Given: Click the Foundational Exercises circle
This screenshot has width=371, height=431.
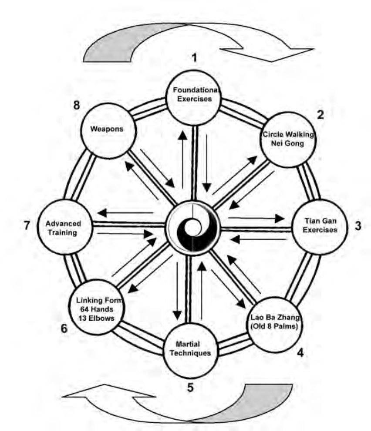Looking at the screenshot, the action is (194, 98).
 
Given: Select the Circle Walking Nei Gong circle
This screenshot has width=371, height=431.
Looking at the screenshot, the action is (288, 139).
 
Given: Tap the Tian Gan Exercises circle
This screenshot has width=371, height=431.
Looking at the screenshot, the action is (320, 227).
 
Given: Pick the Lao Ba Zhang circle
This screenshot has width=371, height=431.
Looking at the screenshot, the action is (275, 325).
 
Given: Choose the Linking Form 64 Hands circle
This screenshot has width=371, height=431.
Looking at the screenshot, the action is (96, 307).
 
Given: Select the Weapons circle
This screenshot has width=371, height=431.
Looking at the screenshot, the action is (108, 131).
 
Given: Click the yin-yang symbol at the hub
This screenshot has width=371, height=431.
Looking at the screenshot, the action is (193, 228).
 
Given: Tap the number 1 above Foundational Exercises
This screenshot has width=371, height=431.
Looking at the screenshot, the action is (195, 58).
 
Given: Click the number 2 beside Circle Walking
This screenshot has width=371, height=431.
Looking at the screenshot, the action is (320, 115).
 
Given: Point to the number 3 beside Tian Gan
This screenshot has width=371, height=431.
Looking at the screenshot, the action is (358, 225).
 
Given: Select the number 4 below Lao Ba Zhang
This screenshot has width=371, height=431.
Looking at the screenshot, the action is (300, 352).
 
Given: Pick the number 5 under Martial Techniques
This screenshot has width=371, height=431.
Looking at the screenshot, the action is (190, 387).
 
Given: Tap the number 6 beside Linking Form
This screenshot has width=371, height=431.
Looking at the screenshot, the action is (64, 328).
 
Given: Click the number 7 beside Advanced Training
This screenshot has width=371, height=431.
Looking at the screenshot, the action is (27, 225).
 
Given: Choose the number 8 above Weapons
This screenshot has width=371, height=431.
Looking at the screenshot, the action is (76, 105).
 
